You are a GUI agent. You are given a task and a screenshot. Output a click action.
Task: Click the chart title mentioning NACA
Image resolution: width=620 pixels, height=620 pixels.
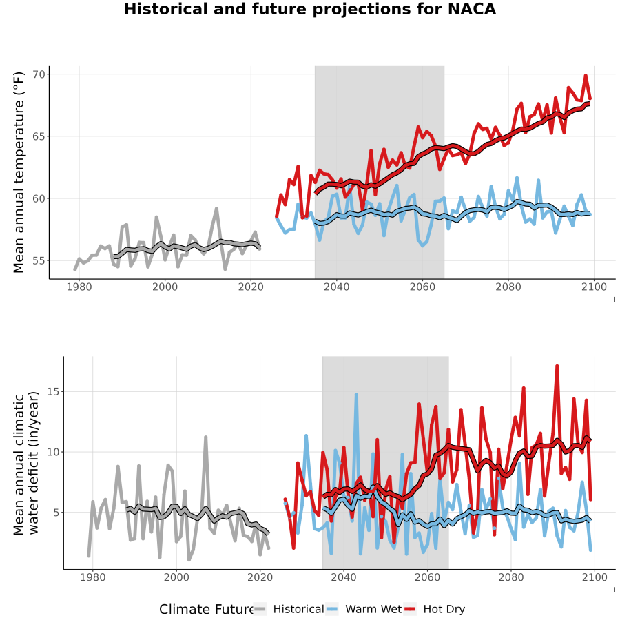(x=310, y=9)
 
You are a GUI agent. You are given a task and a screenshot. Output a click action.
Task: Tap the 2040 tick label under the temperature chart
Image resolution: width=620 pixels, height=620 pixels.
(x=336, y=287)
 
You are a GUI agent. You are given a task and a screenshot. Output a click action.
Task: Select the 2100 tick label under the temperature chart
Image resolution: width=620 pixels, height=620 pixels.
(x=594, y=287)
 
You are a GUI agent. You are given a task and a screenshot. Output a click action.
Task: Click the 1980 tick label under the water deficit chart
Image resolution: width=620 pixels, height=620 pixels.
(x=92, y=577)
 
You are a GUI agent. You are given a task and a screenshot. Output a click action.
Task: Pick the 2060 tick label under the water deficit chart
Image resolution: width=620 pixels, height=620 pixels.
(x=427, y=577)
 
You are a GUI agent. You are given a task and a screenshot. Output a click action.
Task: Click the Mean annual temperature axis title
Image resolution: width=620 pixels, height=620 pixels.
(x=19, y=172)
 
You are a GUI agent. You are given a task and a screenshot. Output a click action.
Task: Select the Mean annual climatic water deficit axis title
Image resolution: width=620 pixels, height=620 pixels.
(x=26, y=463)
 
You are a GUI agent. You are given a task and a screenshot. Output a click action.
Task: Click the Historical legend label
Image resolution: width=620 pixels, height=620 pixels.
(x=298, y=609)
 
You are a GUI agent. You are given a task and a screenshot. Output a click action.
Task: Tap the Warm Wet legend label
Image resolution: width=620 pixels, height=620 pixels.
(x=373, y=609)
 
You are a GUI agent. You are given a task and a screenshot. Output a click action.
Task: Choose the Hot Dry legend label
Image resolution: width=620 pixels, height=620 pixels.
(x=444, y=610)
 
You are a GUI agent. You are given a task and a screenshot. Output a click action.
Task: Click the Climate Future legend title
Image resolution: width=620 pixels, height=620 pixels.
(x=207, y=610)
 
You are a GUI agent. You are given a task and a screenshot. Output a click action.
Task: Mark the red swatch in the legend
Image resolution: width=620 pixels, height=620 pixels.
(x=410, y=609)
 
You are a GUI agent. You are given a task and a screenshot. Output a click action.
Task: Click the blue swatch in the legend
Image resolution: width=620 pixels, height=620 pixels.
(x=332, y=609)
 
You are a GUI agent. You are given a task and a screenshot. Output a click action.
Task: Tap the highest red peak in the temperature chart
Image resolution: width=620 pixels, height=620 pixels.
(x=586, y=76)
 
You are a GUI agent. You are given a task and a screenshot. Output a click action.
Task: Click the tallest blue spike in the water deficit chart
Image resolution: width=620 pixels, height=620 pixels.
(x=356, y=395)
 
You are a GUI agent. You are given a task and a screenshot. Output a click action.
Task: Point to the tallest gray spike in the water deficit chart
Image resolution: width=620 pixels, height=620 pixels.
(x=205, y=437)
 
